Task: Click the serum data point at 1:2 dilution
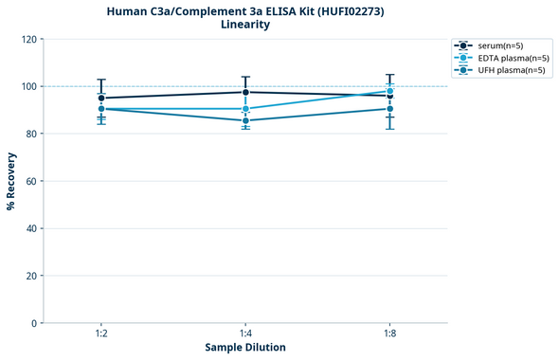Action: point(101,98)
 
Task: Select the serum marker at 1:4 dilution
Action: point(245,92)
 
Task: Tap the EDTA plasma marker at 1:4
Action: point(245,109)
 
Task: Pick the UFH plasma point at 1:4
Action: point(245,120)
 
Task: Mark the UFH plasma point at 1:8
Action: point(389,109)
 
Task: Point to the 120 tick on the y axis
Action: point(28,39)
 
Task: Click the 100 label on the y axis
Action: point(28,86)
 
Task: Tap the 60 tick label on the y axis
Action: point(31,181)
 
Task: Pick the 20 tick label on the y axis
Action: point(31,276)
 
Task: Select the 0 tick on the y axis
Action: point(34,323)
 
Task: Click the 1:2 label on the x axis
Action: point(101,333)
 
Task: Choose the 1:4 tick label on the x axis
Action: point(245,333)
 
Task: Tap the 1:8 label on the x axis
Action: point(389,333)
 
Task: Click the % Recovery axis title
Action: point(11,181)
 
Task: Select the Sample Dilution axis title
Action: point(245,348)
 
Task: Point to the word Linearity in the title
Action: point(244,25)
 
